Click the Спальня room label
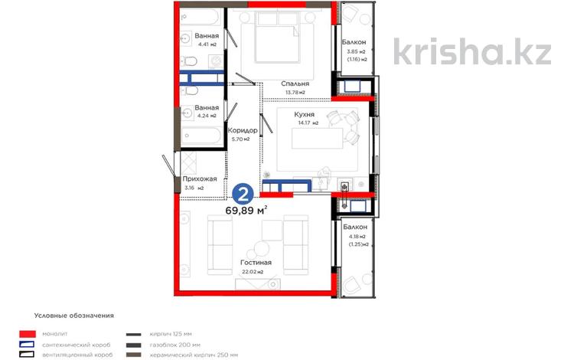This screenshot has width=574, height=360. pyautogui.click(x=294, y=83)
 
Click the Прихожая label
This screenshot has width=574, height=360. pyautogui.click(x=201, y=178)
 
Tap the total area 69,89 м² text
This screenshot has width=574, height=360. pyautogui.click(x=246, y=210)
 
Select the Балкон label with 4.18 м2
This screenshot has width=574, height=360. pyautogui.click(x=355, y=227)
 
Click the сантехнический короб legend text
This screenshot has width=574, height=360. pyautogui.click(x=72, y=345)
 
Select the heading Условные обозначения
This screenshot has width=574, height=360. pyautogui.click(x=73, y=315)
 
